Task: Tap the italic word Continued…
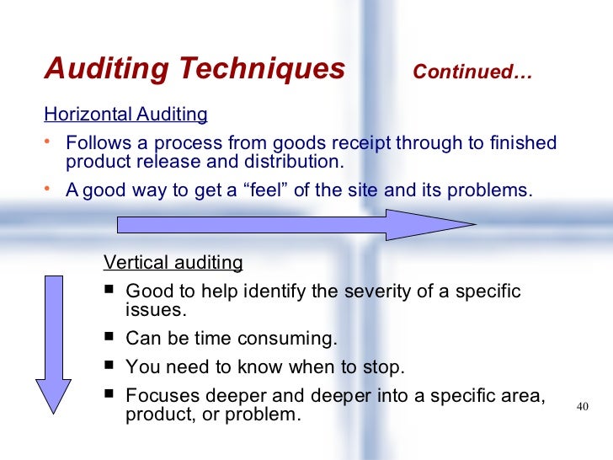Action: (x=472, y=72)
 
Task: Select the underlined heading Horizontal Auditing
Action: (x=125, y=114)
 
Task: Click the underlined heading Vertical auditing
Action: (x=173, y=263)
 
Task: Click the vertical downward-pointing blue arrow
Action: (x=54, y=345)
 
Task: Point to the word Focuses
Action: (x=158, y=395)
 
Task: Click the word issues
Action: (x=152, y=310)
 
